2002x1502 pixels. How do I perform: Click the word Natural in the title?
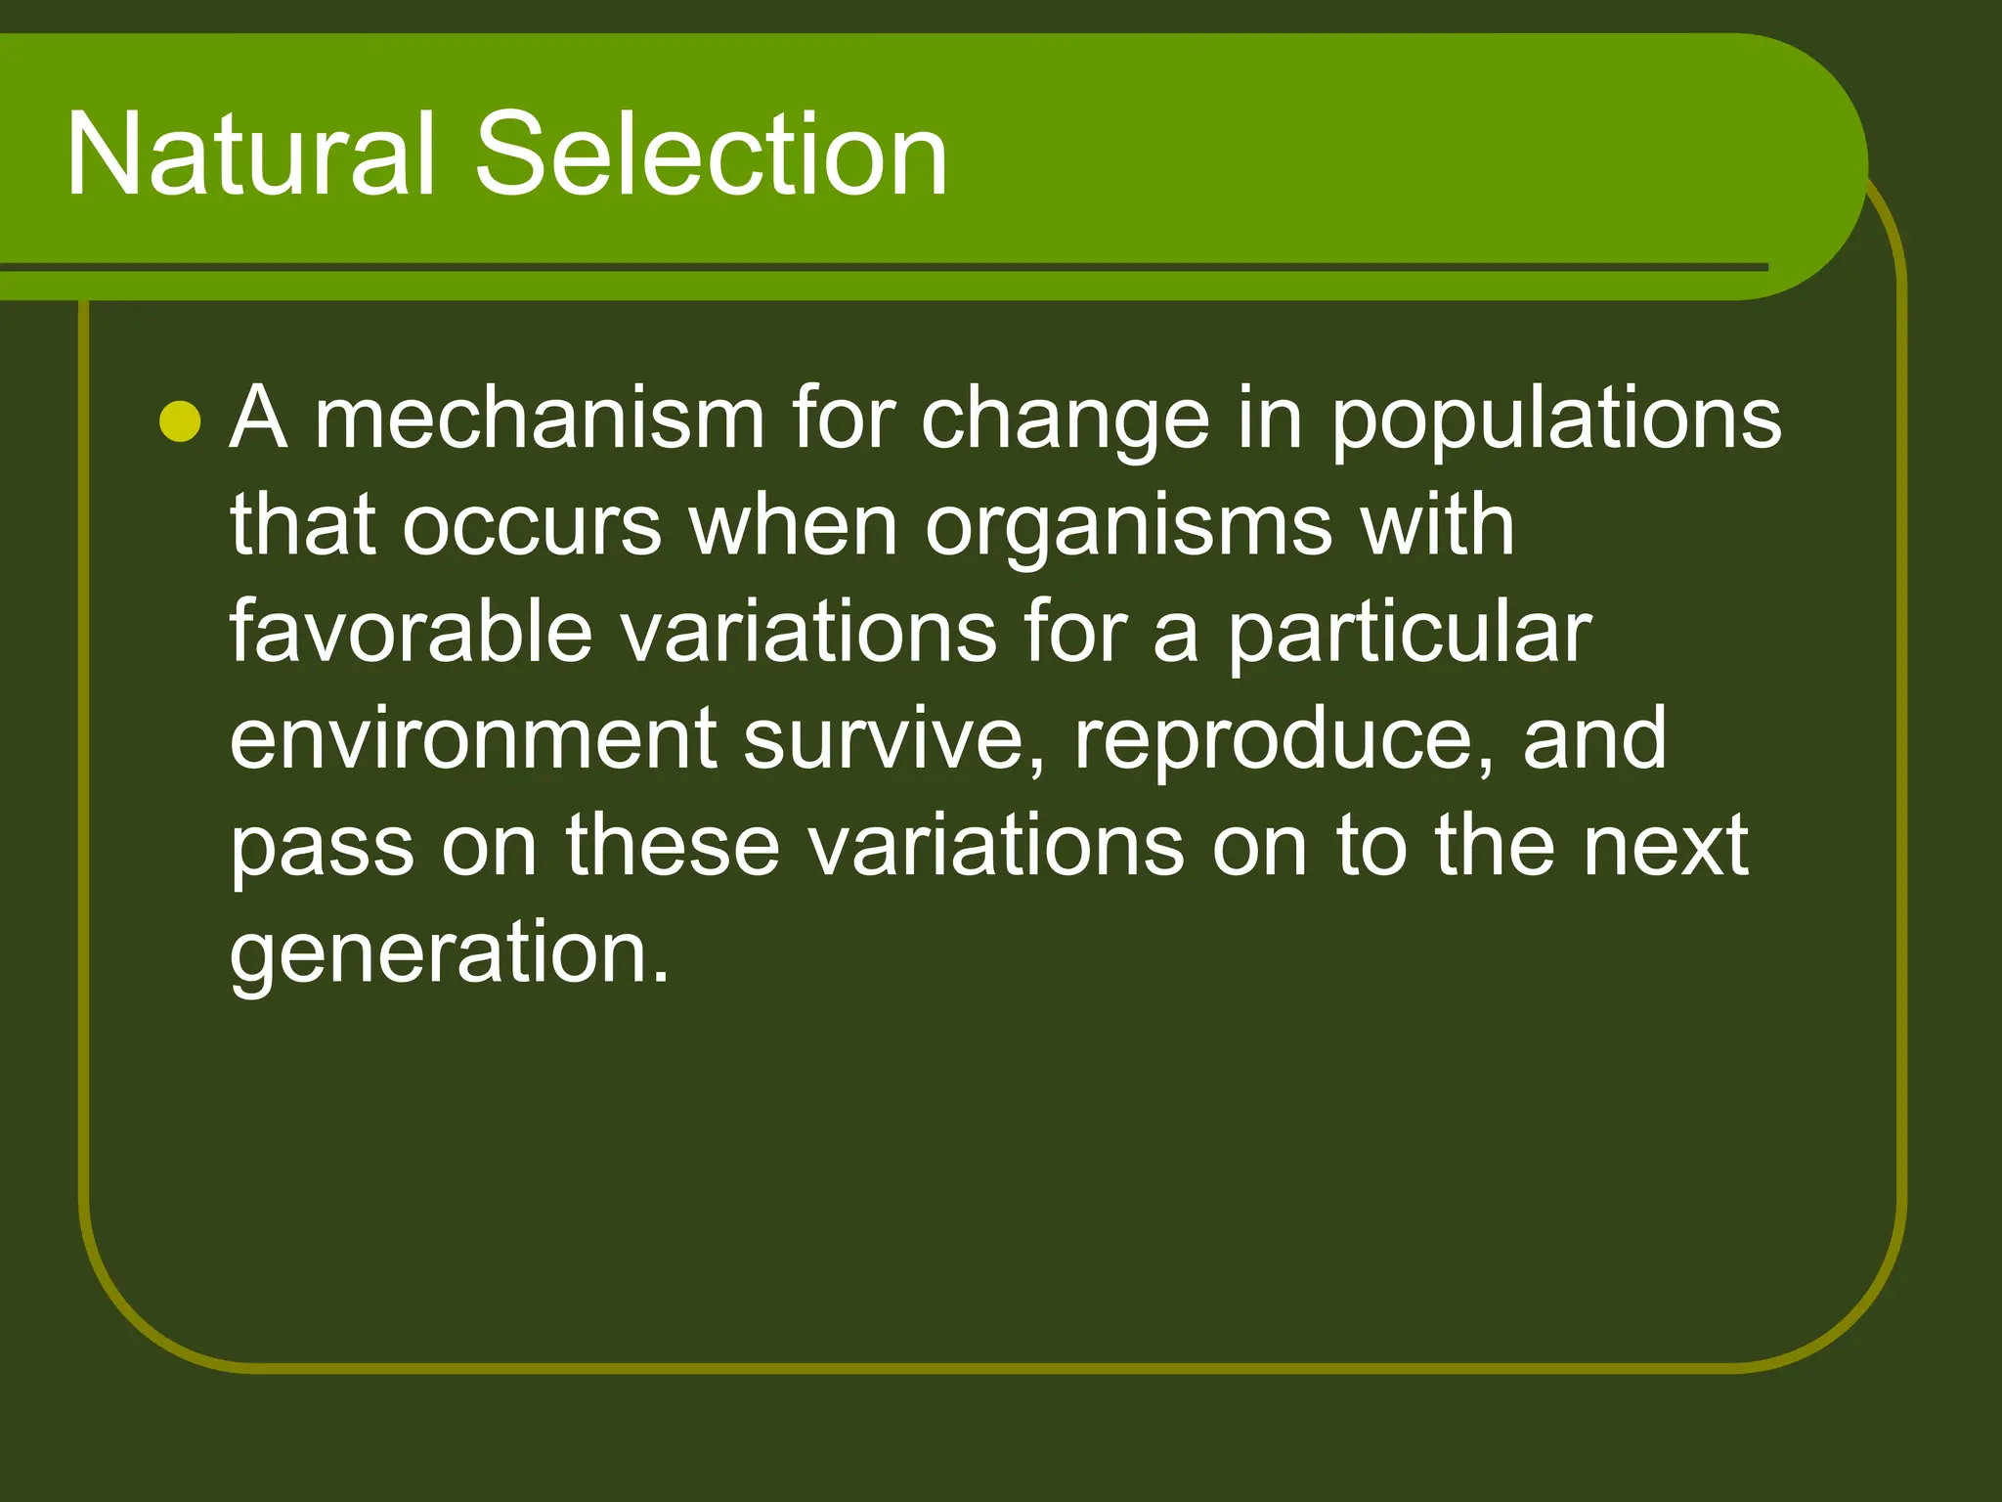point(249,154)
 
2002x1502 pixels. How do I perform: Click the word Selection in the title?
point(711,154)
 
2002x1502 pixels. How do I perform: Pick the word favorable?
point(411,632)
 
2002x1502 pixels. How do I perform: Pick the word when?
point(793,526)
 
